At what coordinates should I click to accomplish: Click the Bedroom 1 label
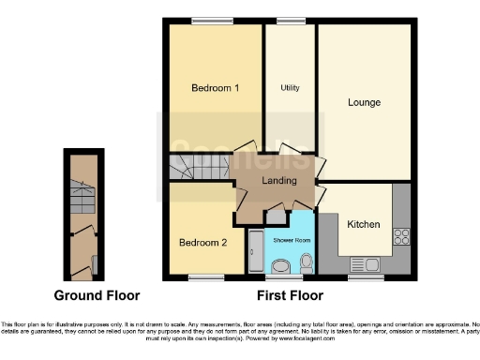(215, 88)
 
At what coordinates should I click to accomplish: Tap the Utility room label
(290, 87)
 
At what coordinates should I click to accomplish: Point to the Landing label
(279, 181)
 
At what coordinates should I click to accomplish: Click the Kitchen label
(363, 225)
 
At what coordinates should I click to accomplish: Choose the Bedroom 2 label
(202, 243)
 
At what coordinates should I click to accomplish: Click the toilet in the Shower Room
(307, 262)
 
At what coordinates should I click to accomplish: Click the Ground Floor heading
(97, 295)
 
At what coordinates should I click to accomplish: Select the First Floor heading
(291, 295)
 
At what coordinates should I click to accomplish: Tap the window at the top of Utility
(290, 21)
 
